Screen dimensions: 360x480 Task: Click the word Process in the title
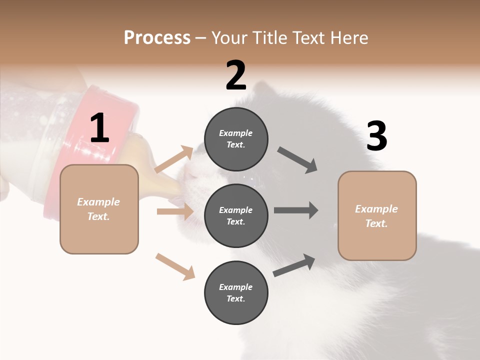pos(157,37)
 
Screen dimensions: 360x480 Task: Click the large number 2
pos(236,75)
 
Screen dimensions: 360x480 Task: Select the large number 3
pos(376,136)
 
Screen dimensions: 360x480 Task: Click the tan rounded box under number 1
pos(99,209)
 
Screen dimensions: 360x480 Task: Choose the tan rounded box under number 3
pos(377,216)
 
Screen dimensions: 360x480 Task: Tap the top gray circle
pos(236,139)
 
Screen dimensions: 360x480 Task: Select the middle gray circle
pos(236,215)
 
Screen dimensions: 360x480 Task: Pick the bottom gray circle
pos(236,292)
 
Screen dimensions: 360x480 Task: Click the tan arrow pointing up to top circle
pos(174,159)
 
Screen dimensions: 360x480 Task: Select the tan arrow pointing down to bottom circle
pos(175,266)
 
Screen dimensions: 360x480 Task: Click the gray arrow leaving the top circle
pos(297,160)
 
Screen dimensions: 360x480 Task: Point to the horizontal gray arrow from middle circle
pos(296,210)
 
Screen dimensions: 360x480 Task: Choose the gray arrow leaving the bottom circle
pos(294,265)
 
